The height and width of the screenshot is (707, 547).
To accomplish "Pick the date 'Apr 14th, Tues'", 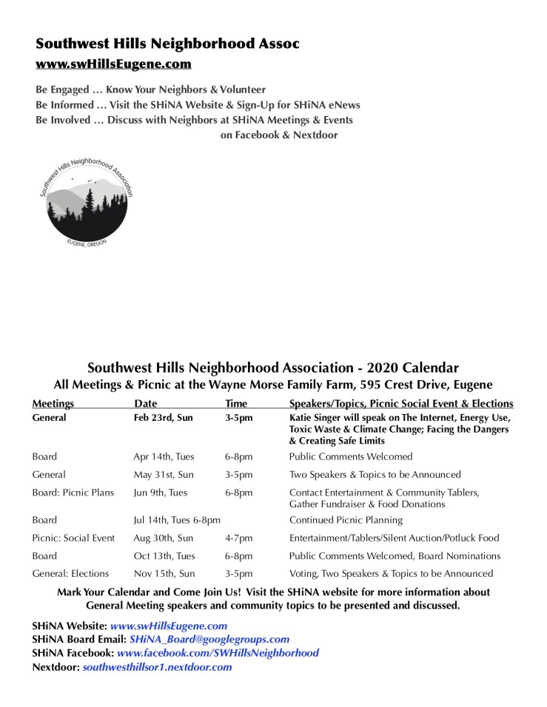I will click(x=164, y=456).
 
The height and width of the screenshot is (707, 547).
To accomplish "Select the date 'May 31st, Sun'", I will click(x=164, y=474).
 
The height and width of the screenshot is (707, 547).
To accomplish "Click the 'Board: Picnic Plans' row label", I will click(x=73, y=493).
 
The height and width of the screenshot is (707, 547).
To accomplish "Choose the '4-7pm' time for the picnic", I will click(x=238, y=538).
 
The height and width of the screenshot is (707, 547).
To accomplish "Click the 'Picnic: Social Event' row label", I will click(x=73, y=538).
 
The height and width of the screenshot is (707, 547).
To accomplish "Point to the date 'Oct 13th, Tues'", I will click(x=164, y=555).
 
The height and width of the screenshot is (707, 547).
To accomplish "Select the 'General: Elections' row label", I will click(x=70, y=573).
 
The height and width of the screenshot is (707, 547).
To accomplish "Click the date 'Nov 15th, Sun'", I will click(x=164, y=573).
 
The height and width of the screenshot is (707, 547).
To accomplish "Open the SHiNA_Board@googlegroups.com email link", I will click(x=209, y=639).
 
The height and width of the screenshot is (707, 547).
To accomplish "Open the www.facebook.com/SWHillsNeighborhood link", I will click(x=218, y=653).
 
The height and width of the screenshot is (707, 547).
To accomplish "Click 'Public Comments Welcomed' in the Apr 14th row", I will click(x=350, y=456).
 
